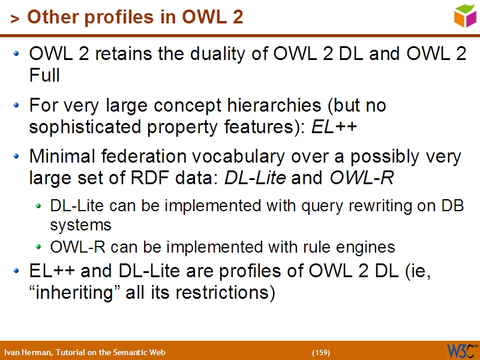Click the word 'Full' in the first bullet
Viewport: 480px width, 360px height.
[x=44, y=76]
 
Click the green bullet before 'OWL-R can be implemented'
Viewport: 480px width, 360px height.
[x=38, y=247]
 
